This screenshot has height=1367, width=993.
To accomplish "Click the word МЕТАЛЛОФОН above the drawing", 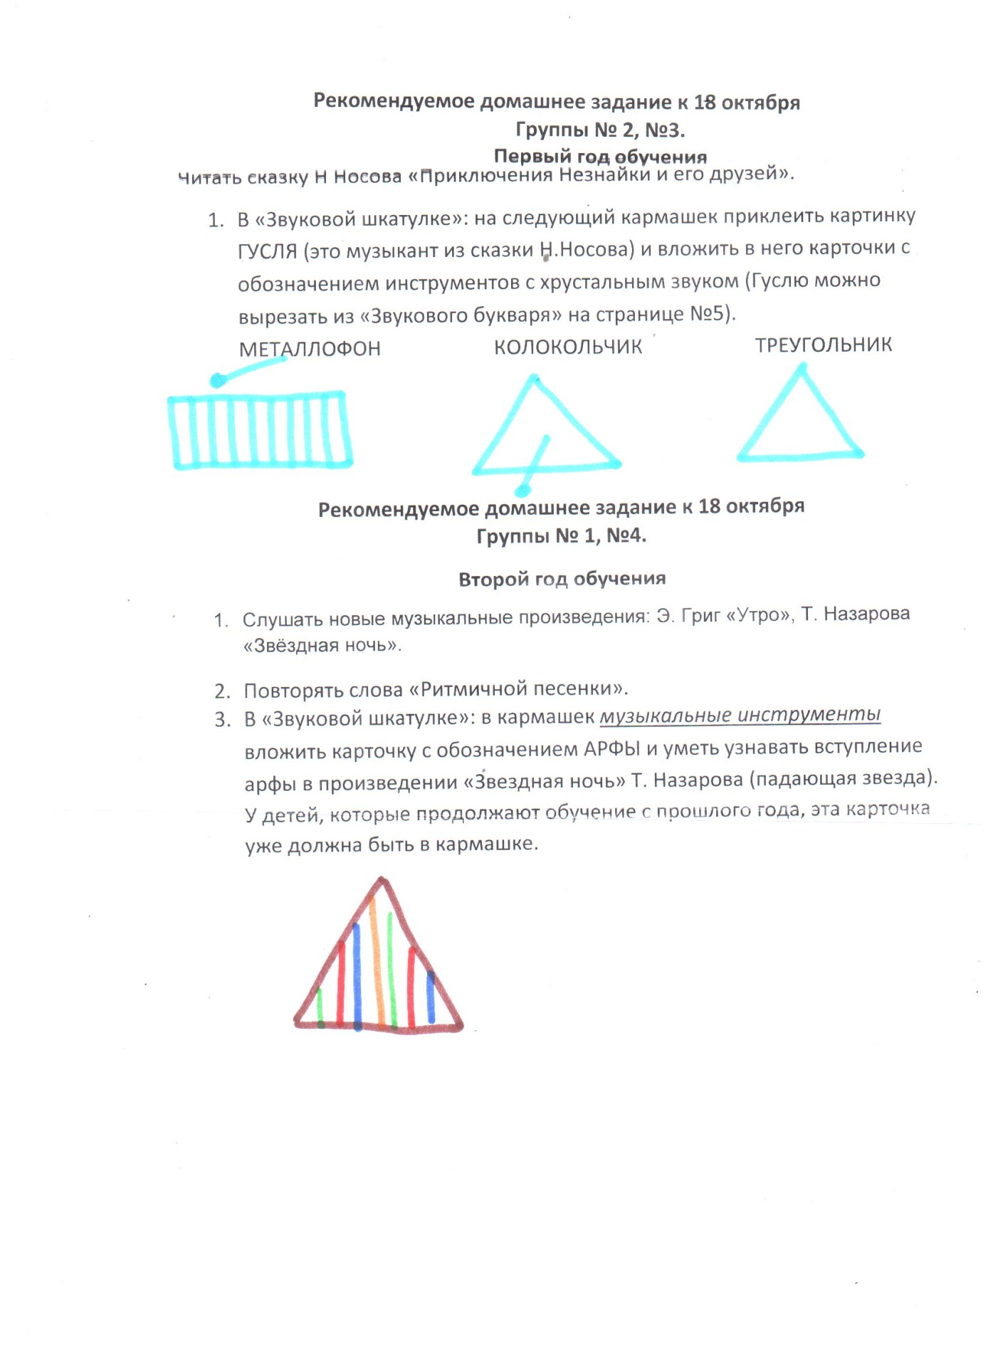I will coord(310,349).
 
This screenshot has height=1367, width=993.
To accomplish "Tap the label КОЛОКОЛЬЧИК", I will coord(568,347).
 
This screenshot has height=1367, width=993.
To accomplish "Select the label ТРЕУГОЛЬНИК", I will coord(823,345).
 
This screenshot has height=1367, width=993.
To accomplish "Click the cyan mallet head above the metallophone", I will coord(218,381).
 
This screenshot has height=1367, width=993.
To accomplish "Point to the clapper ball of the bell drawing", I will coord(523,490).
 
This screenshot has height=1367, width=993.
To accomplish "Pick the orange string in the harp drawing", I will coord(377,961).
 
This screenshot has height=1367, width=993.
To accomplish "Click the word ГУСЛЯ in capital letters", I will coord(267,251).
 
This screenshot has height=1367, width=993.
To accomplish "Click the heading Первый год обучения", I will coord(600,157).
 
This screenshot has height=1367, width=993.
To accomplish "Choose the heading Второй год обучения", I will coord(562,579).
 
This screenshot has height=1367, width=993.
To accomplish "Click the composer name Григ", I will coord(700,616).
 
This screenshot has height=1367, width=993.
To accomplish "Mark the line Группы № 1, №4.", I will coord(561,535).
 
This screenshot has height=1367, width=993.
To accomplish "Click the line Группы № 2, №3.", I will coord(600,130).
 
